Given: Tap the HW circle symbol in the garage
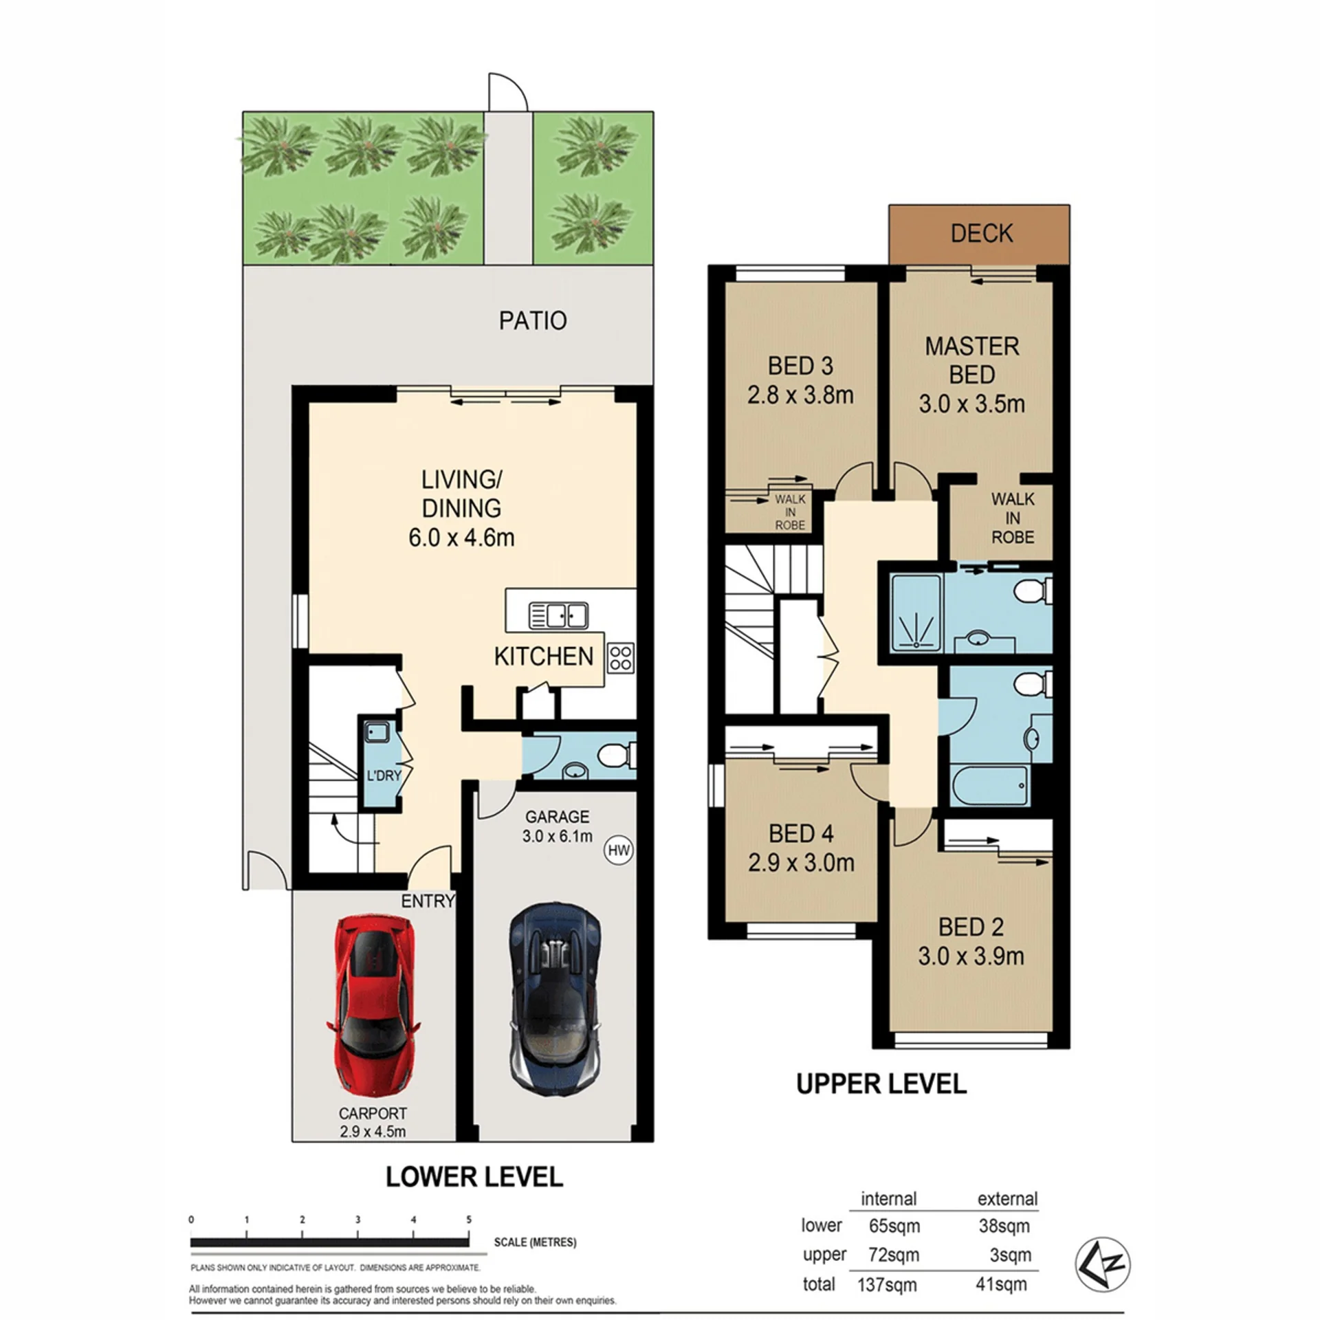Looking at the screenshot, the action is (619, 850).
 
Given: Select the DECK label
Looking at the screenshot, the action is (981, 234).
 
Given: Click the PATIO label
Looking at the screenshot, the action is (533, 321).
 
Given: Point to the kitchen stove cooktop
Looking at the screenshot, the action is (620, 657).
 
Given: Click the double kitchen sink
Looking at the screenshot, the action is (558, 615).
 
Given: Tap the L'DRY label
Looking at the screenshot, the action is (384, 775).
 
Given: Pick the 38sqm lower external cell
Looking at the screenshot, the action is (1004, 1225).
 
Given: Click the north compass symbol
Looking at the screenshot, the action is (1102, 1264).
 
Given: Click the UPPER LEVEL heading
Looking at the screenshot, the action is (881, 1084).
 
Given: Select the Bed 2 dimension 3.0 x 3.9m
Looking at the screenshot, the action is (971, 956).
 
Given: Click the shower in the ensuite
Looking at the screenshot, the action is (916, 613).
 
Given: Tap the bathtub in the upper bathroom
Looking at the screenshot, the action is (990, 785).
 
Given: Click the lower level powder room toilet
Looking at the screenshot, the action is (617, 756).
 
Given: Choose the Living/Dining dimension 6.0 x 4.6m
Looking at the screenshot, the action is (461, 537).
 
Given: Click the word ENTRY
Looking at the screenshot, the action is (428, 901).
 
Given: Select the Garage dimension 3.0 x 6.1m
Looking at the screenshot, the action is (557, 836).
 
